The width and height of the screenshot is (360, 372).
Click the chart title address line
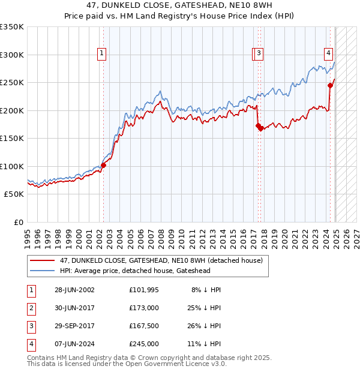[179, 6]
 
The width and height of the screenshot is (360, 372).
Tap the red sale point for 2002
[103, 165]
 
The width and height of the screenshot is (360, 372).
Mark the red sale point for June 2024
[330, 85]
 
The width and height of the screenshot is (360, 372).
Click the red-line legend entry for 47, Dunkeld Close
[161, 261]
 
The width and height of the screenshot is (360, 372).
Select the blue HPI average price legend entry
[135, 271]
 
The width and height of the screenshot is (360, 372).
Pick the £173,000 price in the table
[143, 308]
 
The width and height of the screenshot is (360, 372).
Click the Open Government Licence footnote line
[127, 364]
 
